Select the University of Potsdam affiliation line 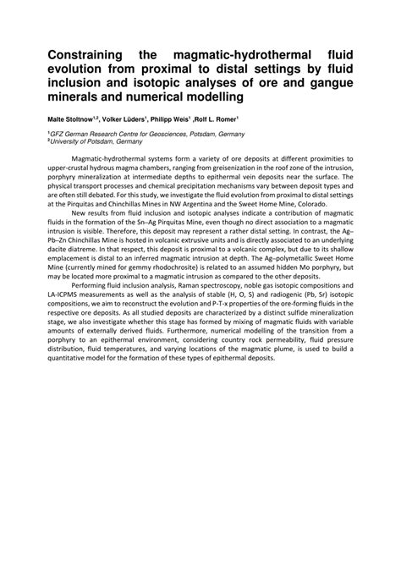[x=102, y=142]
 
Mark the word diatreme [x=80, y=250]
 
